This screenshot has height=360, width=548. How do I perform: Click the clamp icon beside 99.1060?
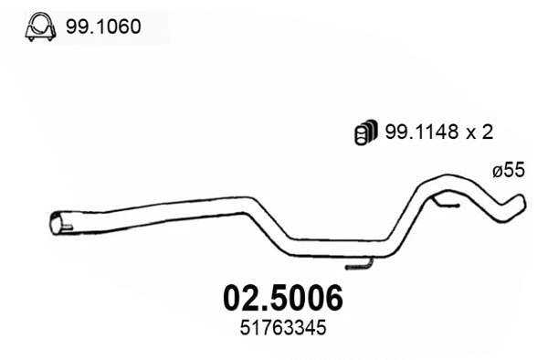pyautogui.click(x=38, y=26)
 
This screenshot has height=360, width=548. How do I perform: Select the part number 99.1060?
pyautogui.click(x=102, y=26)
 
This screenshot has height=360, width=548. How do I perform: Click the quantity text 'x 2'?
pyautogui.click(x=481, y=132)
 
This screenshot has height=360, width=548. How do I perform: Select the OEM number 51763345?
pyautogui.click(x=284, y=326)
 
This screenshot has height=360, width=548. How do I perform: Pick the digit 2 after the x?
pyautogui.click(x=489, y=132)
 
